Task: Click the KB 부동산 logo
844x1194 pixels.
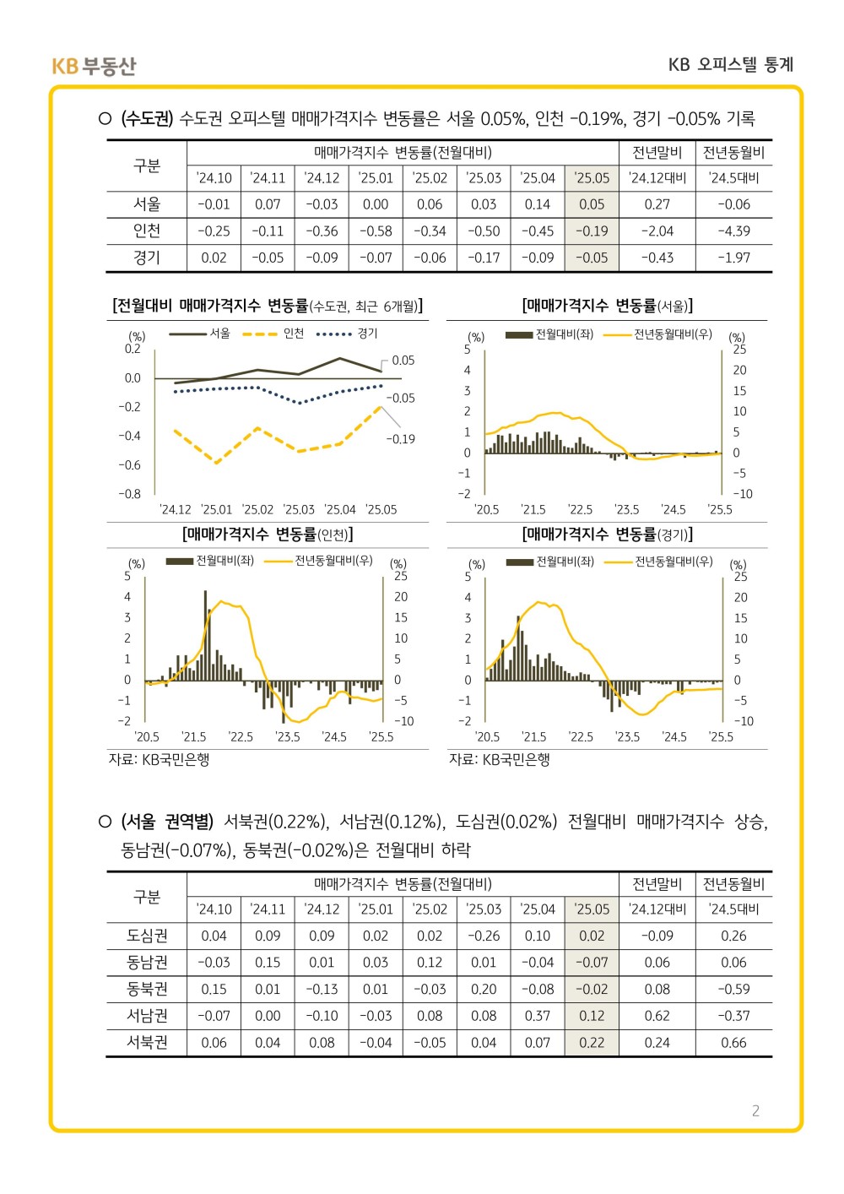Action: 94,66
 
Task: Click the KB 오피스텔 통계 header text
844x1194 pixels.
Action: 731,65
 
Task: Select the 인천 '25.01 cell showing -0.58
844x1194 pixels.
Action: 376,231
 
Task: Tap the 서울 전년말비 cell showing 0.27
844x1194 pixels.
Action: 657,204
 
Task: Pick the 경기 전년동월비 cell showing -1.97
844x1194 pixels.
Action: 733,258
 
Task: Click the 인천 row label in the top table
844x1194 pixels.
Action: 147,231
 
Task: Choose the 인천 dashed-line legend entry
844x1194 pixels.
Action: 273,334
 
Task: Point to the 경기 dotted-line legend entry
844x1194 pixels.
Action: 347,334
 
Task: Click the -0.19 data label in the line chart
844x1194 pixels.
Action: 400,439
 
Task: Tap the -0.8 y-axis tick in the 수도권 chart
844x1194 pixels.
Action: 129,494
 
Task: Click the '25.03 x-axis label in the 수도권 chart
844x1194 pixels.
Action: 299,509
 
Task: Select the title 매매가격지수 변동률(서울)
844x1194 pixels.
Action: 607,306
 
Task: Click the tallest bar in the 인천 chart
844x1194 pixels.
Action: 206,635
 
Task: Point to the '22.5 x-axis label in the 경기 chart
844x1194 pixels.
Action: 581,736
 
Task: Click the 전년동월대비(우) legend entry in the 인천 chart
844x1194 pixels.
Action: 319,560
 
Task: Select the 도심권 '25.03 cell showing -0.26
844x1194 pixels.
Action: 484,936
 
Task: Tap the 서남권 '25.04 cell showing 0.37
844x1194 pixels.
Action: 537,1016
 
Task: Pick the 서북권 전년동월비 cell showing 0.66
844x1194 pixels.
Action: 733,1042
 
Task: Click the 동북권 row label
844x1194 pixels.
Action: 147,989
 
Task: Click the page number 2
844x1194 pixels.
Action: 755,1110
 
